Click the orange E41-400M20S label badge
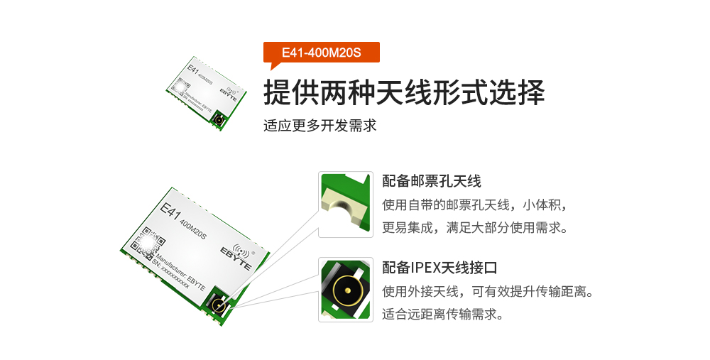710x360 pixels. pyautogui.click(x=322, y=53)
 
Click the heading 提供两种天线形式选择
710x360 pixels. pyautogui.click(x=404, y=93)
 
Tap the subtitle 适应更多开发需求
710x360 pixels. pyautogui.click(x=319, y=126)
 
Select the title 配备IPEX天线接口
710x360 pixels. pyautogui.click(x=439, y=268)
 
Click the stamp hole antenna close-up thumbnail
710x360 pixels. pyautogui.click(x=345, y=204)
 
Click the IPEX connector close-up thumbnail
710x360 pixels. pyautogui.click(x=345, y=289)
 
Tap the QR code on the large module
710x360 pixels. pyautogui.click(x=148, y=242)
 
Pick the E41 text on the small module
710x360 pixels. pyautogui.click(x=192, y=70)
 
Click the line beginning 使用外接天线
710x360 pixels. pyautogui.click(x=487, y=291)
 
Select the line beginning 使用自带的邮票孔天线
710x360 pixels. pyautogui.click(x=474, y=205)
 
